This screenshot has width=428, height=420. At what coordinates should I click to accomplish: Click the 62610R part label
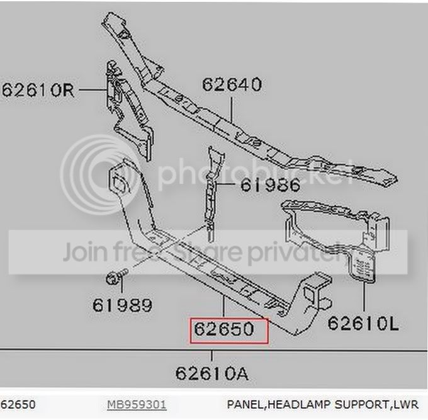pyautogui.click(x=38, y=90)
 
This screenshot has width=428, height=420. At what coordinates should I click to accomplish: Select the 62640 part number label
pyautogui.click(x=232, y=84)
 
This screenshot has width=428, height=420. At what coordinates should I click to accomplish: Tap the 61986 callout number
pyautogui.click(x=270, y=185)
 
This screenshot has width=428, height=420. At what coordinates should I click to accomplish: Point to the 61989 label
pyautogui.click(x=122, y=305)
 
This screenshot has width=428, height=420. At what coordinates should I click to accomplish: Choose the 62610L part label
pyautogui.click(x=363, y=323)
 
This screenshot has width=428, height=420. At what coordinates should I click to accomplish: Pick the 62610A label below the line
pyautogui.click(x=212, y=373)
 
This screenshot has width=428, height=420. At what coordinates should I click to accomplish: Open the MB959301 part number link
pyautogui.click(x=137, y=404)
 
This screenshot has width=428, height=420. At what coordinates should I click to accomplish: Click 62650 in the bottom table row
pyautogui.click(x=18, y=404)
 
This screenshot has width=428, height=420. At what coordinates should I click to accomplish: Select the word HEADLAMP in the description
pyautogui.click(x=299, y=404)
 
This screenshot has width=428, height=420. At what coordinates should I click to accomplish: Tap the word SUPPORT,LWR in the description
pyautogui.click(x=376, y=404)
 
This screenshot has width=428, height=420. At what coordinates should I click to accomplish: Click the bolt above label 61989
pyautogui.click(x=116, y=276)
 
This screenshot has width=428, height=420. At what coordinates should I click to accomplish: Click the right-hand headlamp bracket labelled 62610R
pyautogui.click(x=128, y=109)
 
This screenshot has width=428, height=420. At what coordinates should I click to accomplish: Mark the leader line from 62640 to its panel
pyautogui.click(x=232, y=110)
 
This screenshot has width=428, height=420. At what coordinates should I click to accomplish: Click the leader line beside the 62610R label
pyautogui.click(x=93, y=89)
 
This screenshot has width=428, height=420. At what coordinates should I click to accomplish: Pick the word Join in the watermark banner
pyautogui.click(x=84, y=251)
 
